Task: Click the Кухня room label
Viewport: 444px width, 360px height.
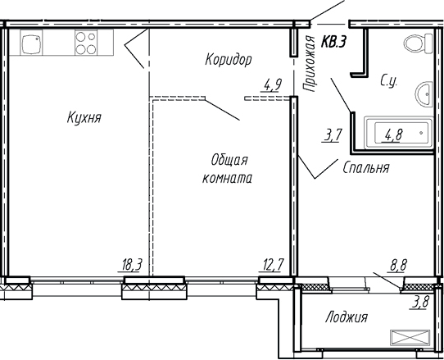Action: [x=84, y=118]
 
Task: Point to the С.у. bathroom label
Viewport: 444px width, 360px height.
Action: [x=389, y=81]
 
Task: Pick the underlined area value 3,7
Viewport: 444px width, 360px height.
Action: [x=333, y=135]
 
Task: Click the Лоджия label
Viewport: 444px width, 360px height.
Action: [x=346, y=317]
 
